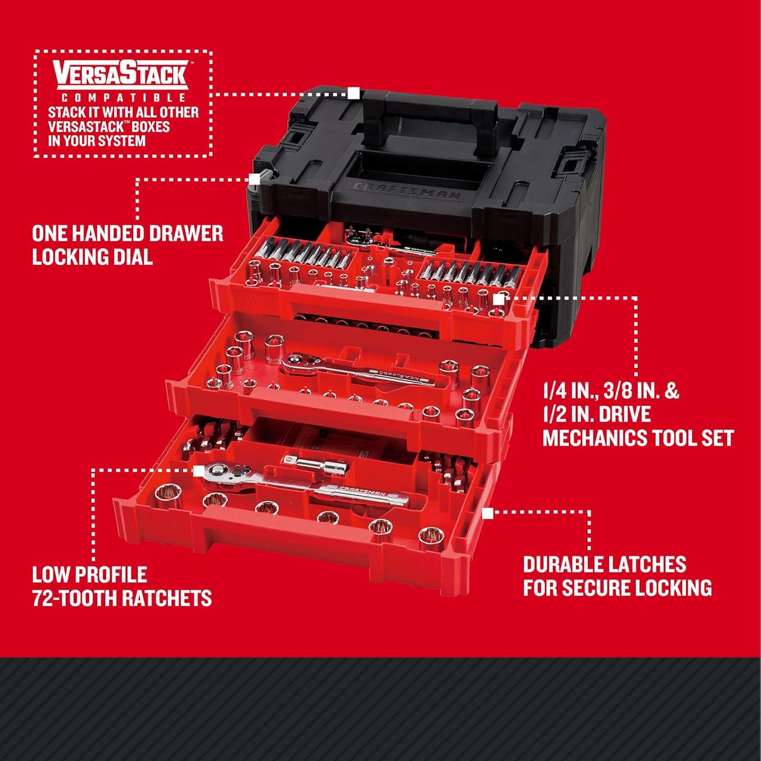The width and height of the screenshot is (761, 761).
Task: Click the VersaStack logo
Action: point(120,74)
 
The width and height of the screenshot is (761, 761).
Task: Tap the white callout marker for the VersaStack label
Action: point(354,94)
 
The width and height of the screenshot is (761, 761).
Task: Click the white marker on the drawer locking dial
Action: point(256,179)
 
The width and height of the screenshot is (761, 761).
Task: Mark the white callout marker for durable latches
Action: point(488,513)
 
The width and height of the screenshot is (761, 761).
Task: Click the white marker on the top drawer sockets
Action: point(500,297)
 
